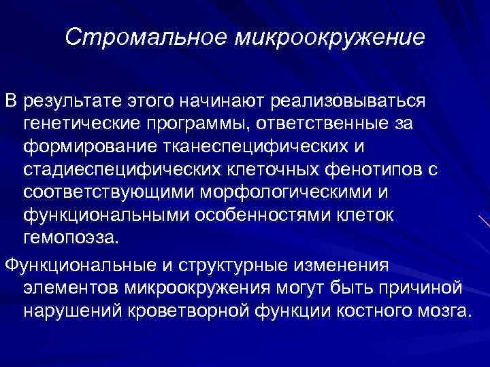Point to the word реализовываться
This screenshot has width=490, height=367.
[x=348, y=102]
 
